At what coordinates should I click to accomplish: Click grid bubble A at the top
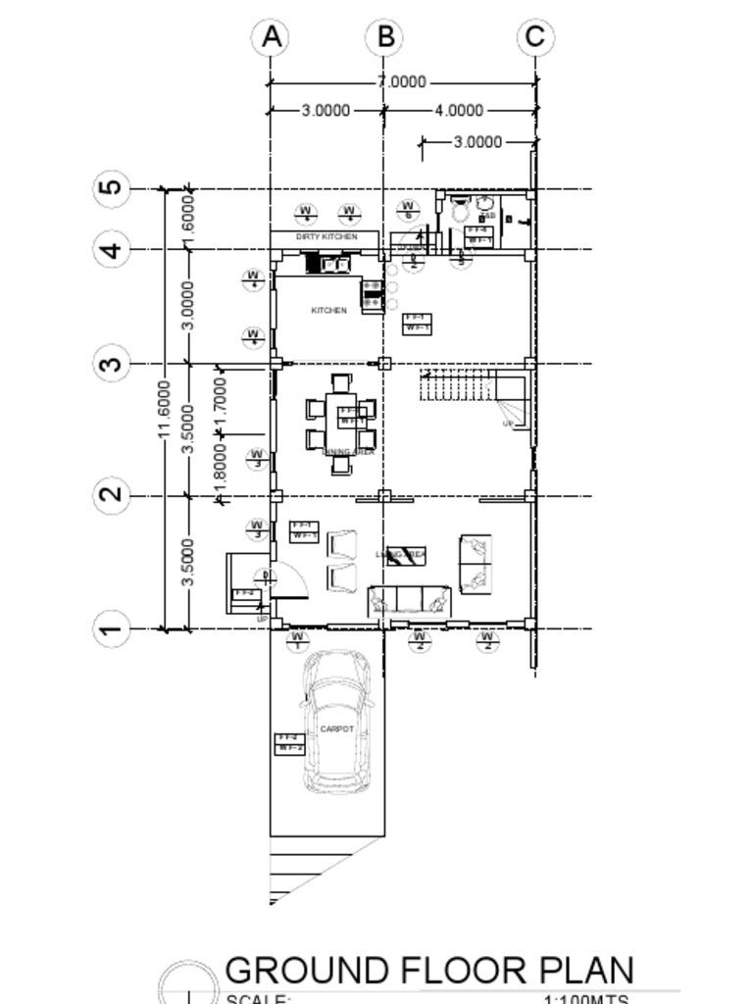[x=272, y=37]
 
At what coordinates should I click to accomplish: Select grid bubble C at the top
[x=534, y=37]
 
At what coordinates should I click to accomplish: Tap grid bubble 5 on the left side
[x=113, y=187]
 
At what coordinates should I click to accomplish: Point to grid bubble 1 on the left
[x=113, y=628]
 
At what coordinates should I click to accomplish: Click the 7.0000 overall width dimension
[x=401, y=82]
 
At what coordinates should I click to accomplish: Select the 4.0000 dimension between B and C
[x=458, y=111]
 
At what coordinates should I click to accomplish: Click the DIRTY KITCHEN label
[x=326, y=237]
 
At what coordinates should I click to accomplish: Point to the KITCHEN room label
[x=328, y=310]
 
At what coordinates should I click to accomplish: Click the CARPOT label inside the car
[x=336, y=729]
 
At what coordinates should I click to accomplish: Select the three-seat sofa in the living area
[x=409, y=600]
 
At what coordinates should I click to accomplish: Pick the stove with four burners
[x=373, y=295]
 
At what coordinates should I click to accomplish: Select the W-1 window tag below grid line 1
[x=298, y=641]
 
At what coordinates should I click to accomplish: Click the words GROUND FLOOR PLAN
[x=429, y=970]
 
